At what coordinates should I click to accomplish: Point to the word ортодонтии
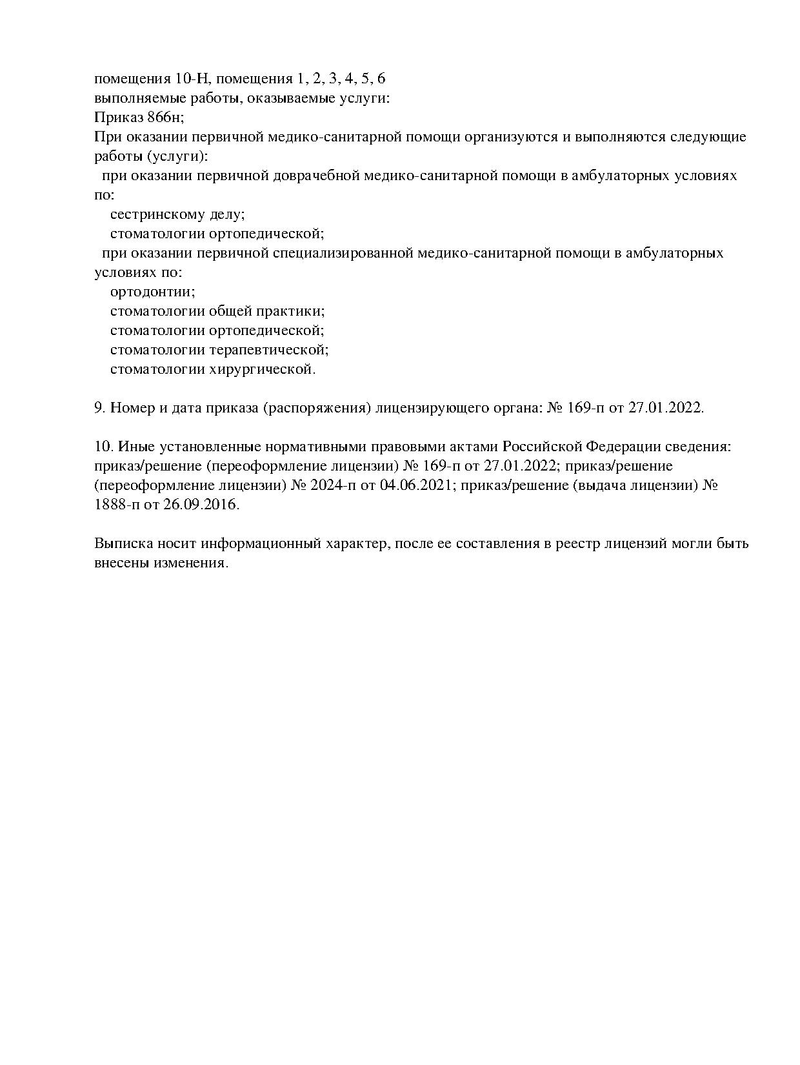153,292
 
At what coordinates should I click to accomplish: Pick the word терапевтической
269,350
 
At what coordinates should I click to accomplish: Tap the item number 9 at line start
100,408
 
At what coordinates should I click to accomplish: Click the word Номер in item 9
130,408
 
